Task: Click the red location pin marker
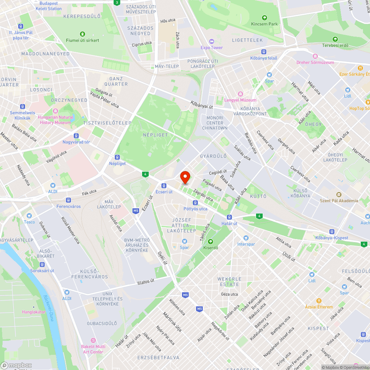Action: pos(185,178)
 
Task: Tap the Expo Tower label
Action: pos(212,47)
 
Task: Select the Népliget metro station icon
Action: pos(117,157)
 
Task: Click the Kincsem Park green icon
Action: pos(264,17)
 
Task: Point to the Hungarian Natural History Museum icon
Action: pos(55,111)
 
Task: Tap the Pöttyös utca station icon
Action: pos(195,202)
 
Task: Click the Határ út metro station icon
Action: pos(229,217)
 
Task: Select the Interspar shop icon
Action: pos(246,238)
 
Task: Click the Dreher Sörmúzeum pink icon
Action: pos(315,56)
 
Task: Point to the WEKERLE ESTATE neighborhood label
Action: pos(229,282)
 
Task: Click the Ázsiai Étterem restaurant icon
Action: pos(319,301)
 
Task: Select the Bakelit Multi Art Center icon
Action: pos(93,340)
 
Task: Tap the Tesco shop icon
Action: pos(30,216)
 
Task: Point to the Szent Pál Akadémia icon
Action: pos(339,195)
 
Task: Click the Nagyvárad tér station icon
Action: pos(76,136)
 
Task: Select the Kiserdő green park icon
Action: pos(211,242)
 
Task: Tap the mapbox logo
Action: pos(17,365)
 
